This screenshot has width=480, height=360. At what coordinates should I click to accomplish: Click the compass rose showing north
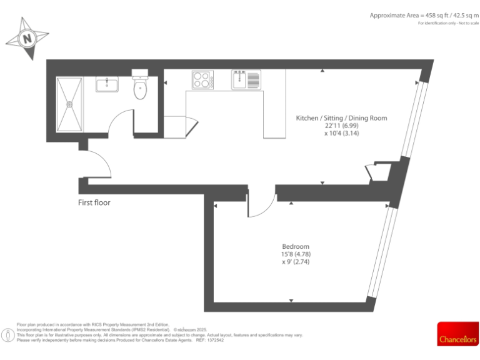click(x=27, y=38)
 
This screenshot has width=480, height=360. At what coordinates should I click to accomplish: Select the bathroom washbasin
click(x=107, y=84)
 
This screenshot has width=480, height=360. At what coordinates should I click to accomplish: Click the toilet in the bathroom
click(x=141, y=88)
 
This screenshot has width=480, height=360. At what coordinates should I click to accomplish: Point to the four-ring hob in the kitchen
click(x=202, y=80)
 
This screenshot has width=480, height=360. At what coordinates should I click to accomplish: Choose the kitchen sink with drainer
click(x=246, y=80)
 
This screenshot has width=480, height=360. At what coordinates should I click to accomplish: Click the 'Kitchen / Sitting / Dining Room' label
click(x=341, y=117)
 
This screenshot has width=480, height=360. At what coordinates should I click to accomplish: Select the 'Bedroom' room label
click(x=296, y=246)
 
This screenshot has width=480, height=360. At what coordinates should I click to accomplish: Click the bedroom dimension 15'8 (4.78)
click(x=296, y=254)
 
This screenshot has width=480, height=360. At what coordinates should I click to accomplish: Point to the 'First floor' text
click(x=94, y=202)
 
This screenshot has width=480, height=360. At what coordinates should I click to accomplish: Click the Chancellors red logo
click(x=457, y=334)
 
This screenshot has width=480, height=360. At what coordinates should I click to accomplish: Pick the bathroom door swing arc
click(x=120, y=121)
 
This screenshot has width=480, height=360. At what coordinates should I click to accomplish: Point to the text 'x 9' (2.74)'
click(x=296, y=262)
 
